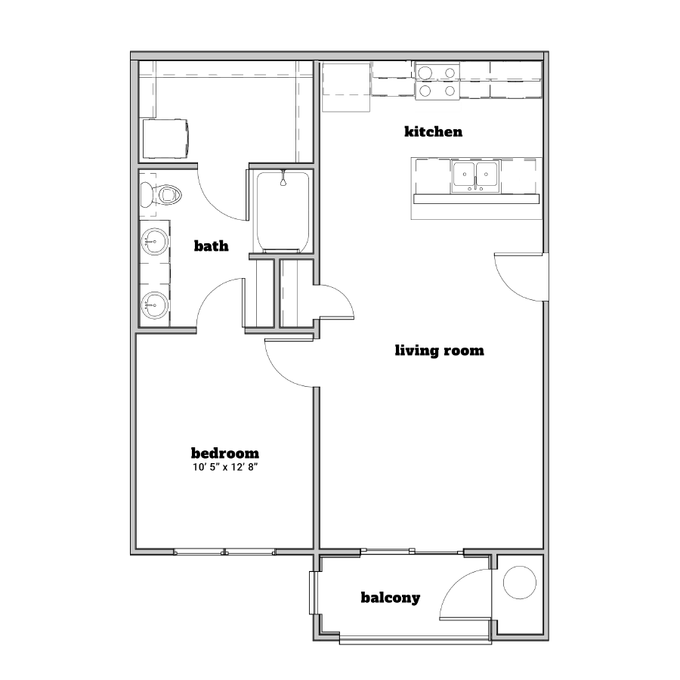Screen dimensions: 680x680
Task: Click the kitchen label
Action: point(433,131)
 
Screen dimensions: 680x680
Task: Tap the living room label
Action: point(439,351)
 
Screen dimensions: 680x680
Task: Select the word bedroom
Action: point(225,453)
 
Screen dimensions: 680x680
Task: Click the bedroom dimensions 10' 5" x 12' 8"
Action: point(225,467)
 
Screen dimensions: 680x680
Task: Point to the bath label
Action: point(212,246)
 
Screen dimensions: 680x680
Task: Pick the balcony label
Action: point(391,598)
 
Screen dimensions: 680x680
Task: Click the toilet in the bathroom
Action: point(160,195)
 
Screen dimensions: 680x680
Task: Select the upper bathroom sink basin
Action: point(154,241)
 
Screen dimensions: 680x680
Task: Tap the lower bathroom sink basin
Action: point(154,305)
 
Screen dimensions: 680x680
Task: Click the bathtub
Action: point(283,212)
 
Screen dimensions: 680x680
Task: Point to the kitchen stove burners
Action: point(437,81)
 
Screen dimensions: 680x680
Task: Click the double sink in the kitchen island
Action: point(476,176)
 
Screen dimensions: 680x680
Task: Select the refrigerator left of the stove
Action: point(346,87)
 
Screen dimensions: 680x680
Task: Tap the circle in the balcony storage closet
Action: point(520,583)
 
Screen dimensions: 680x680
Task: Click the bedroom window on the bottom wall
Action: point(224,552)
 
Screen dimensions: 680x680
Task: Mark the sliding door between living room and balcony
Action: point(412,552)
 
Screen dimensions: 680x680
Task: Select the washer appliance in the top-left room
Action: point(165,139)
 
